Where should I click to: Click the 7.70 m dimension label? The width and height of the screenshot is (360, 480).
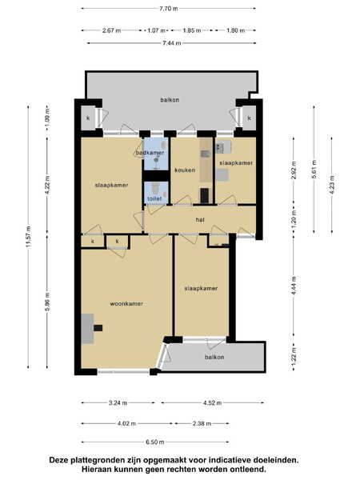168,9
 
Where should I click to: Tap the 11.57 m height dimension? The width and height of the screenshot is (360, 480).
29,237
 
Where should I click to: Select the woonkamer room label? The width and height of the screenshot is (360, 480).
126,304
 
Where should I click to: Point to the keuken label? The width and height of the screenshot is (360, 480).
185,170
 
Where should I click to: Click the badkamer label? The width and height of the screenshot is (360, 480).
150,152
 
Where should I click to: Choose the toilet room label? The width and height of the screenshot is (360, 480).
154,199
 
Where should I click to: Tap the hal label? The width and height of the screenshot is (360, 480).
200,219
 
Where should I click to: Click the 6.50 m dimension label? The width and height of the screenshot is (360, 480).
155,442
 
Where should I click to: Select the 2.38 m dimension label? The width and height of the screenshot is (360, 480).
202,424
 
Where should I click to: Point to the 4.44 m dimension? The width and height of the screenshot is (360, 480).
294,286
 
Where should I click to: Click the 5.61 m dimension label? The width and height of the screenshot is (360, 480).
314,169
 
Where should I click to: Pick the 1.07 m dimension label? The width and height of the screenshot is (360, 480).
156,30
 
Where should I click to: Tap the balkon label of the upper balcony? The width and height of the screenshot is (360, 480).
170,100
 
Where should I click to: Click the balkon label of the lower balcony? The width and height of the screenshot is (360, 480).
214,358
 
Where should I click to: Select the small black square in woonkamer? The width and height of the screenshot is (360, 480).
98,328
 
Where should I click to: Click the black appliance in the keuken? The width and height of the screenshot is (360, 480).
205,196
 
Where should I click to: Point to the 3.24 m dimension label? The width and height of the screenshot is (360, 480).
118,403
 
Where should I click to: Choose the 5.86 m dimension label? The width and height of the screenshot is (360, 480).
47,302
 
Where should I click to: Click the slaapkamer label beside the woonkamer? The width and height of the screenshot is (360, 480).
201,288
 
